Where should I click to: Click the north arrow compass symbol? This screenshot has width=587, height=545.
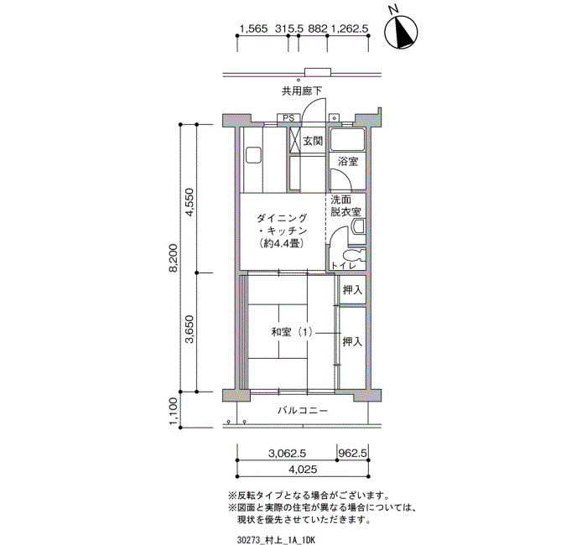402,32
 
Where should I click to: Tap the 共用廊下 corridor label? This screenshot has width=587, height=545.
301,90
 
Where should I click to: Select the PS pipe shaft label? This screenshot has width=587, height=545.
288,118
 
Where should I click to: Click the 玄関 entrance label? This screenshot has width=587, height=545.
313,141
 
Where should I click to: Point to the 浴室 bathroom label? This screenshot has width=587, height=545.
347,161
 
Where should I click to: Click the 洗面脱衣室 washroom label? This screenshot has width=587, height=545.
345,206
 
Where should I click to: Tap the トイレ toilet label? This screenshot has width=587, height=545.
345,266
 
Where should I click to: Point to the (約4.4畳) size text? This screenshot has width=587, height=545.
281,244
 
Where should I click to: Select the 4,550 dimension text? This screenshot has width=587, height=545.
190,201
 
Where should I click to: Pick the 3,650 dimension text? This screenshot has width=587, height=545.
190,332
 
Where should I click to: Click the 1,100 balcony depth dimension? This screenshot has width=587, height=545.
174,410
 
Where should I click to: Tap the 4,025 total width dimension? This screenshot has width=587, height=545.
304,469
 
